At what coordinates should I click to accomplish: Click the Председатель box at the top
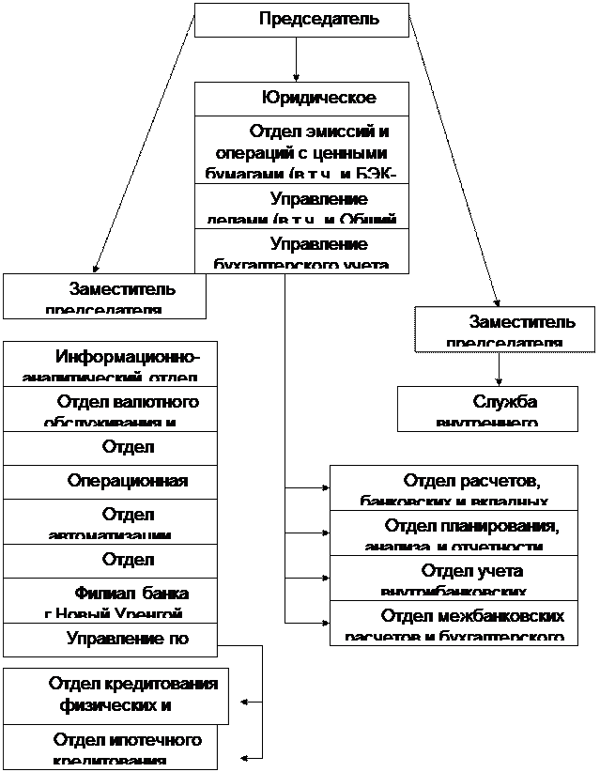[301, 20]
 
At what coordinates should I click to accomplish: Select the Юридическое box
[301, 99]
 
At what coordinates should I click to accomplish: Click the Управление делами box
[301, 208]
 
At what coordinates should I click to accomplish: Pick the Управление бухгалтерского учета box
[301, 252]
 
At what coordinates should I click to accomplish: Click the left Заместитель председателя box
[103, 296]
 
